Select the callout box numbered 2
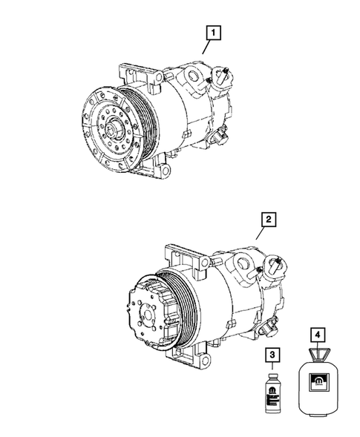pos(268,220)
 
